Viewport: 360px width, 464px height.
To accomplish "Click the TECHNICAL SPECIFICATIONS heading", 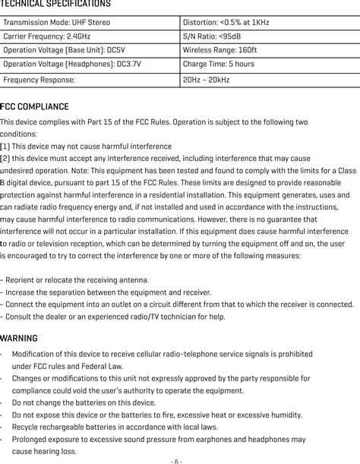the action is [55, 5].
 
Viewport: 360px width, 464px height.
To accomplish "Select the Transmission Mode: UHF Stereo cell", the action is [57, 23].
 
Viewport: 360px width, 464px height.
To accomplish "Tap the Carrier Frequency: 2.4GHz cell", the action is [45, 36].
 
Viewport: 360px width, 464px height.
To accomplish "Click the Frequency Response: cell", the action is [39, 79].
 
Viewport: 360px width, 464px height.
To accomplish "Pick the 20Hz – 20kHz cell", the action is [207, 79].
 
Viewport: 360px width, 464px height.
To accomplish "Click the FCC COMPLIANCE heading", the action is [35, 107].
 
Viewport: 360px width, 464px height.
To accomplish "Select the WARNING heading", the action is [20, 338].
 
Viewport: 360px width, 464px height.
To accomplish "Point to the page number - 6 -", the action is [176, 460].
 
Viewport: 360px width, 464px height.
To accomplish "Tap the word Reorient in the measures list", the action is [21, 280].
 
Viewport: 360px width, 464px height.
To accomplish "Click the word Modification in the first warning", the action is [33, 354].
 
